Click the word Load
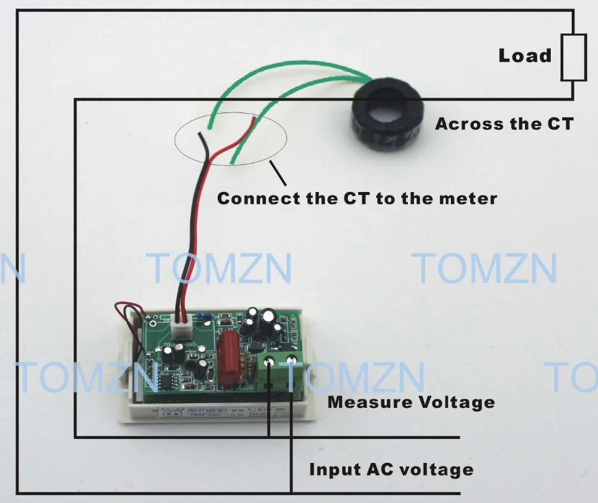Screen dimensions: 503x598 pos(524,56)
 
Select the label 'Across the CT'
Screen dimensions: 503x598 pos(504,124)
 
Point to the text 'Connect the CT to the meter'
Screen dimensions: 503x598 pos(356,197)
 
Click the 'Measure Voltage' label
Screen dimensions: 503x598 pos(411,401)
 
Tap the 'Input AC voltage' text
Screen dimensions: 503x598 pos(390,469)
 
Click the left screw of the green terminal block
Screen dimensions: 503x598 pos(269,361)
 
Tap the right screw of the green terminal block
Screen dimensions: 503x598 pos(291,359)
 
